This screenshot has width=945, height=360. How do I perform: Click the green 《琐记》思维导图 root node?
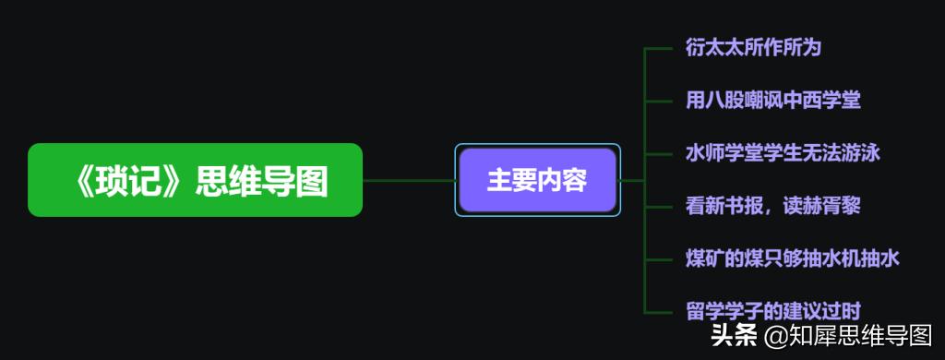(x=195, y=180)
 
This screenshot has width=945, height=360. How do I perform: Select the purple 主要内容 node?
(x=537, y=180)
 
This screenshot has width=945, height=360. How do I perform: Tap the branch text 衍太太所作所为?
(x=753, y=47)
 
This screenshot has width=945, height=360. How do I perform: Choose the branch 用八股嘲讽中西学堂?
(x=773, y=100)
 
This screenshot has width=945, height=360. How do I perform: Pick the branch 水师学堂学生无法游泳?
(x=783, y=152)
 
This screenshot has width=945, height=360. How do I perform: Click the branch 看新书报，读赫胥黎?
(x=773, y=205)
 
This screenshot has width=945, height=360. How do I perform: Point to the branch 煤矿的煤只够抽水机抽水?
(x=793, y=258)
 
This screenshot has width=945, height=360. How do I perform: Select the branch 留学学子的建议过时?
(x=773, y=311)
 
